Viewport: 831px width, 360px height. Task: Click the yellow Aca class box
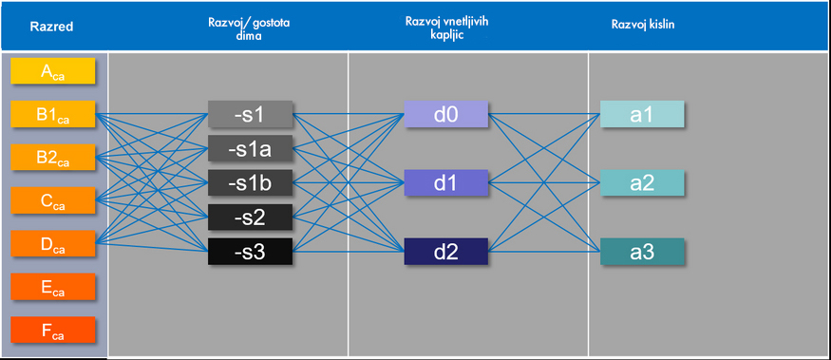[x=53, y=71]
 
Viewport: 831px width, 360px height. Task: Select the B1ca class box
[x=53, y=114]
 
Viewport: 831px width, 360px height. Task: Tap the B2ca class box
[x=53, y=157]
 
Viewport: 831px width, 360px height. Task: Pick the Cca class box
[x=53, y=199]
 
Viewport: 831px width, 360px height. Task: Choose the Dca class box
[x=53, y=243]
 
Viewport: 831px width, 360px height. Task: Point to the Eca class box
[x=53, y=286]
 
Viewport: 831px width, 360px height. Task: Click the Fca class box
[x=53, y=330]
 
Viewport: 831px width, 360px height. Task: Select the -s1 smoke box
[x=250, y=114]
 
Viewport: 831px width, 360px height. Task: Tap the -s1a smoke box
[x=250, y=148]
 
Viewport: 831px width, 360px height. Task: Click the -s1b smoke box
[x=250, y=182]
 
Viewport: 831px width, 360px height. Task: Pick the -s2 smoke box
[x=250, y=217]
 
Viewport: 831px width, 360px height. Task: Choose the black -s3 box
[x=250, y=252]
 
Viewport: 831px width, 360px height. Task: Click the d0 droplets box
[x=445, y=114]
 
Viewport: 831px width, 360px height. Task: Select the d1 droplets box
[x=445, y=182]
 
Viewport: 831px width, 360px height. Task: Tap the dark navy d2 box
[x=445, y=252]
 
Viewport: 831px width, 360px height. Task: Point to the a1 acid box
[x=642, y=114]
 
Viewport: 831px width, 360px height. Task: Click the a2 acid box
[x=642, y=182]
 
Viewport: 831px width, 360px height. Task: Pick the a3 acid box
[x=642, y=252]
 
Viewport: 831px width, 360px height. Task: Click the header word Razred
[x=51, y=27]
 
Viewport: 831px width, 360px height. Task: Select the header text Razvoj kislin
[x=643, y=25]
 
